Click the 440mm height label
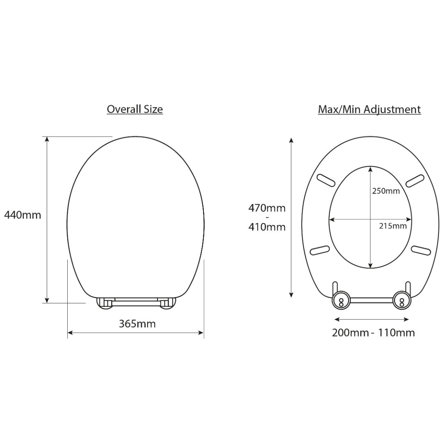click(23, 215)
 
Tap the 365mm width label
click(137, 324)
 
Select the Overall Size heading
click(135, 110)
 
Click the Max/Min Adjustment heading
click(369, 110)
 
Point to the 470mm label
click(267, 208)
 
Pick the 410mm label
click(267, 227)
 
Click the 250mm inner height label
click(386, 191)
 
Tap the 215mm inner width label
click(393, 226)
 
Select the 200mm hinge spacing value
click(350, 333)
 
